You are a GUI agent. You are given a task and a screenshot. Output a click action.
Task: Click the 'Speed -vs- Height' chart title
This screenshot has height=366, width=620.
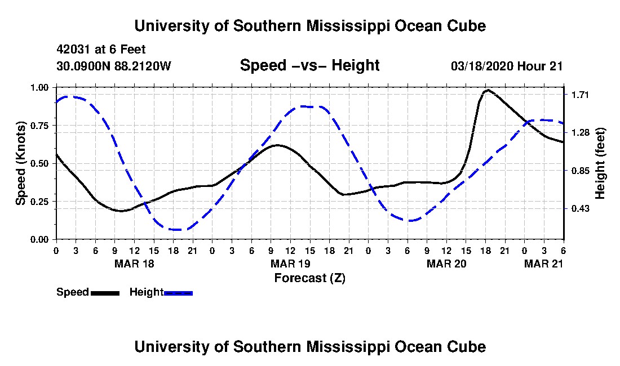(309, 65)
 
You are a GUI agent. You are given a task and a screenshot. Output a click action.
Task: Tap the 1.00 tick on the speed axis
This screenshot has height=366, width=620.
(39, 87)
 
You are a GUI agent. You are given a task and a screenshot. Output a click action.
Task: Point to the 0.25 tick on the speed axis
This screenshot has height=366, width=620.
(39, 202)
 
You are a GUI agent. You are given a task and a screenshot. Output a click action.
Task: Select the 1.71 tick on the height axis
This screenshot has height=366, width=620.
(578, 95)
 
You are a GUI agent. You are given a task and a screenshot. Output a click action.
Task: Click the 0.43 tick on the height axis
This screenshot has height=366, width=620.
(578, 208)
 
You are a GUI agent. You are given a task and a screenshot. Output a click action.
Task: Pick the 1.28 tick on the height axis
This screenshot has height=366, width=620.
(578, 133)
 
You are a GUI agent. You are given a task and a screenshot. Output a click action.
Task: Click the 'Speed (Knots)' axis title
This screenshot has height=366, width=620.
(20, 163)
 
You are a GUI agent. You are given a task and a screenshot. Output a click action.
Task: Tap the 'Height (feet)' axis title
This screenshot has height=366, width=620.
(600, 163)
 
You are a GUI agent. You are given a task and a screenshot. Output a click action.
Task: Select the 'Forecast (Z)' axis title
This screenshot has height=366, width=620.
(310, 278)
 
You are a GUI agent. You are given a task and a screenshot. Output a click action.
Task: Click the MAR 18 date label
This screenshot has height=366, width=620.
(134, 264)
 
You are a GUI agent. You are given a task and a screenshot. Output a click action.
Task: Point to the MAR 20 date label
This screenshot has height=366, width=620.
(446, 264)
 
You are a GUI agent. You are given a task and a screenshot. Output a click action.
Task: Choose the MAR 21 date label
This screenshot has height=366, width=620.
(544, 264)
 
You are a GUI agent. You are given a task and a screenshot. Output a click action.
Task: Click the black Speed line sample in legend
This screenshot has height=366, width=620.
(105, 293)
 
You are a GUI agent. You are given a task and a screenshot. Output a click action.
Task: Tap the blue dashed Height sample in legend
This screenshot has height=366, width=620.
(178, 293)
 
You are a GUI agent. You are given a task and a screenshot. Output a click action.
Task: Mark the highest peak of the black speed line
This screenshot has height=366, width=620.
(488, 90)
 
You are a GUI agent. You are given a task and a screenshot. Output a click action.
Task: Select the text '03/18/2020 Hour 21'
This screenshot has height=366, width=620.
(507, 66)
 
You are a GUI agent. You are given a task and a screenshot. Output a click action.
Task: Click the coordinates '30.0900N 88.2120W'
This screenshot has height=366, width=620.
(114, 65)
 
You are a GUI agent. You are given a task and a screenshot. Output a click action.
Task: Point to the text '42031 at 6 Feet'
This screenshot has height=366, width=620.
(101, 50)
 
